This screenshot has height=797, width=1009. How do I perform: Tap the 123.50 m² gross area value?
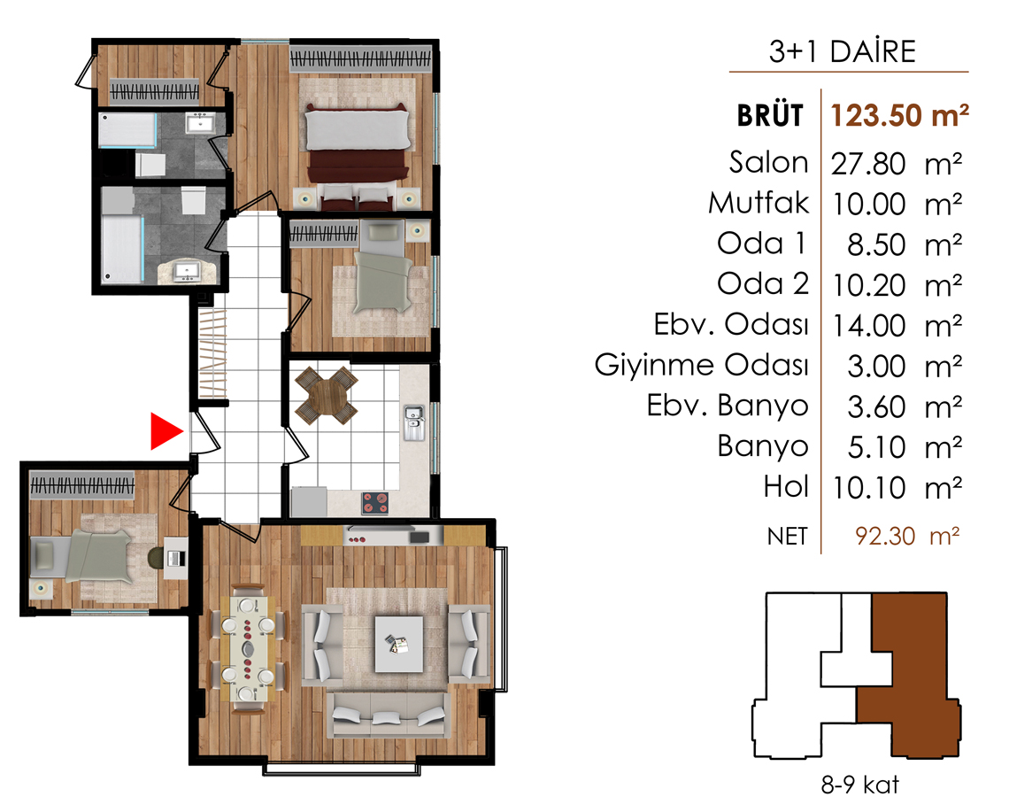[899, 115]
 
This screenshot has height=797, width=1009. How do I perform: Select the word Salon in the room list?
[768, 162]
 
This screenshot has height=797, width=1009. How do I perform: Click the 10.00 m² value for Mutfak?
[897, 204]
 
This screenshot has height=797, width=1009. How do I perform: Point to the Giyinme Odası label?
[701, 366]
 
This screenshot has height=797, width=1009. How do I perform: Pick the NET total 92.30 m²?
[907, 536]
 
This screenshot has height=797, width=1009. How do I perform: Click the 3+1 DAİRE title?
[842, 51]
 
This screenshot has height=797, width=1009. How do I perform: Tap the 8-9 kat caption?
[859, 784]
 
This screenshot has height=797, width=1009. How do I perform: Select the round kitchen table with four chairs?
[327, 395]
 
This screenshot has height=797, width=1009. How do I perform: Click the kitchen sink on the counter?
[413, 422]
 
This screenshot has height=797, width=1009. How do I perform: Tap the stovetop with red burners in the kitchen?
[374, 503]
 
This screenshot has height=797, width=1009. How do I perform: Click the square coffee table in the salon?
[399, 644]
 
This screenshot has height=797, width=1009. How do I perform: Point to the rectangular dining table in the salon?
[249, 649]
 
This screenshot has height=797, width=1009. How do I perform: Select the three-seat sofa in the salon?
[389, 715]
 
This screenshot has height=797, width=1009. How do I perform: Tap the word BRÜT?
[770, 116]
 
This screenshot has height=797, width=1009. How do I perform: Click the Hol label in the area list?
[786, 487]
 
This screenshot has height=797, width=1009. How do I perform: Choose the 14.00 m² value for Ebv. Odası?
[897, 326]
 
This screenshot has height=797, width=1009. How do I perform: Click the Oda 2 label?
[763, 284]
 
